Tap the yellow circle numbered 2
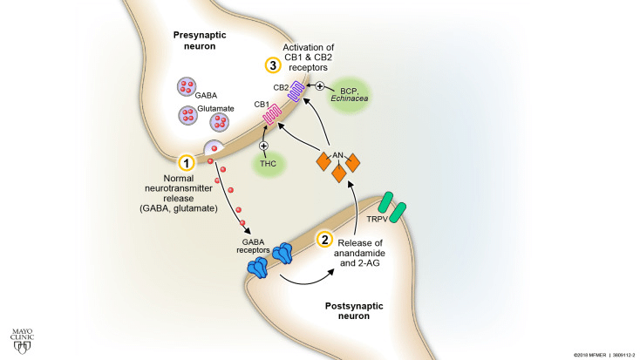pos(323,240)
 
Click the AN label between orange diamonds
pos(337,152)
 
